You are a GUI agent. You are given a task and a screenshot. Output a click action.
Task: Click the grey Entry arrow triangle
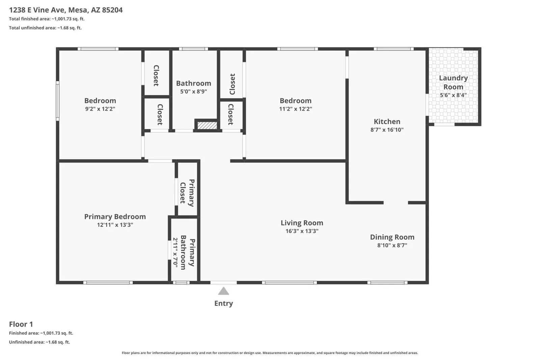click(x=223, y=291)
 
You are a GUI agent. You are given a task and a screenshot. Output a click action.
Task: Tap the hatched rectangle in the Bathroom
click(x=207, y=125)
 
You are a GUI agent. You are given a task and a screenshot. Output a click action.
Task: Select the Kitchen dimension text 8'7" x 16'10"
click(x=387, y=130)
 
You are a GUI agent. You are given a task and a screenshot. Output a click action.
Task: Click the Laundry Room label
click(x=453, y=82)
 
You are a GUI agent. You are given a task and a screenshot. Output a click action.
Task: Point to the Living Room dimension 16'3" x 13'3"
click(x=302, y=231)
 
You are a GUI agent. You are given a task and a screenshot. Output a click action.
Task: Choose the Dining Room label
click(x=392, y=237)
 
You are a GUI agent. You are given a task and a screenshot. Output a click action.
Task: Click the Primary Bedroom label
click(x=115, y=217)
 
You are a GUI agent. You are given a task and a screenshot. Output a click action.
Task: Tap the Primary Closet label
click(x=187, y=193)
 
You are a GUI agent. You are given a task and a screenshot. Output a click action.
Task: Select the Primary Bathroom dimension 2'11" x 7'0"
click(x=175, y=253)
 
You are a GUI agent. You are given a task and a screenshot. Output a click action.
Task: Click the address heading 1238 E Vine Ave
click(x=37, y=10)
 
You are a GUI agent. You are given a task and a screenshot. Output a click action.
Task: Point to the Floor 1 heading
click(x=21, y=324)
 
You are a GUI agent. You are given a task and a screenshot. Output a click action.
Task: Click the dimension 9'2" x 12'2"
click(x=100, y=109)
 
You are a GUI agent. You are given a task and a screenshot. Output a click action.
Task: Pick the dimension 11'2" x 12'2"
click(x=296, y=109)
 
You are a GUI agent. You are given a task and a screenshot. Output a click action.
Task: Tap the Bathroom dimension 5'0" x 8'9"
click(x=194, y=91)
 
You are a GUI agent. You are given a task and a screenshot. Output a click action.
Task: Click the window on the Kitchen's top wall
click(x=394, y=49)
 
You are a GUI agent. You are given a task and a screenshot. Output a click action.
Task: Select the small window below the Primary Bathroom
click(x=181, y=283)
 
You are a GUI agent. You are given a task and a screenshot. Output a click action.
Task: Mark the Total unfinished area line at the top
click(x=45, y=28)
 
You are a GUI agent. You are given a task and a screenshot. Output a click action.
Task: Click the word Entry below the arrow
click(x=223, y=303)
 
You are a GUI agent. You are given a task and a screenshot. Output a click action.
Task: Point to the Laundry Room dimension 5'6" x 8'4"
click(x=453, y=95)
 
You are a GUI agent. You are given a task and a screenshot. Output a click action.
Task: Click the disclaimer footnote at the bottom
click(x=270, y=353)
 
